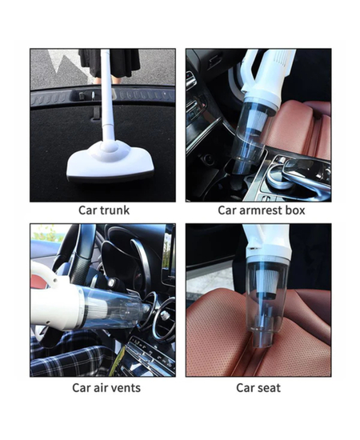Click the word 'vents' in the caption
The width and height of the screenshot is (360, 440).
point(126,388)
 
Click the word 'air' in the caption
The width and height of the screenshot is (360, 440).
point(99,387)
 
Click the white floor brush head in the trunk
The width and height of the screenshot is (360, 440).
point(110,162)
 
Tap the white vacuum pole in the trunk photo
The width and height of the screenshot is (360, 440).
point(107,95)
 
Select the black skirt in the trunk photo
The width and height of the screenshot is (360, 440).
point(110,63)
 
